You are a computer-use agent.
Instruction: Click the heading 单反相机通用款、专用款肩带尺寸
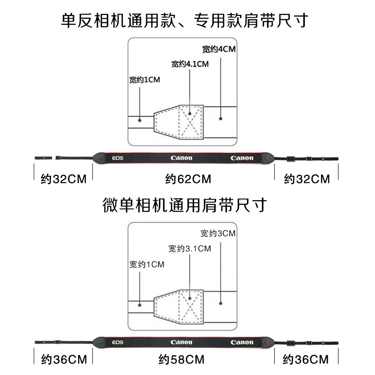click(x=187, y=20)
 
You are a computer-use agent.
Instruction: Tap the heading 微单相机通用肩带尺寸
click(x=187, y=205)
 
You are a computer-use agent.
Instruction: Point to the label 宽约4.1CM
click(x=189, y=64)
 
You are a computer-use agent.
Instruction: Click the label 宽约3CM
click(x=217, y=233)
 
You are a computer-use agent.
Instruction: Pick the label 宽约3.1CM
click(x=189, y=248)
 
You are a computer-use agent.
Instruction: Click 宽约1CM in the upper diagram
click(x=145, y=80)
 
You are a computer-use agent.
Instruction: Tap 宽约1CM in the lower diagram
click(x=146, y=265)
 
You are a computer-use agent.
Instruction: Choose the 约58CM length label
click(x=181, y=360)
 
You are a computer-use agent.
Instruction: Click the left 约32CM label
click(x=64, y=179)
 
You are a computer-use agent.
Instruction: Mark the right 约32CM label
click(x=307, y=179)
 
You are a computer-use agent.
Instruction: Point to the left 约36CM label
click(x=64, y=360)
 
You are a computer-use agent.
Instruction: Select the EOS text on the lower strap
click(x=118, y=342)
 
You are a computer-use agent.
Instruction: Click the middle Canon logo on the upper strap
click(x=181, y=158)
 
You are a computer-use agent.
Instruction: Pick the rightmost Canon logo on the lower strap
click(x=242, y=342)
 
